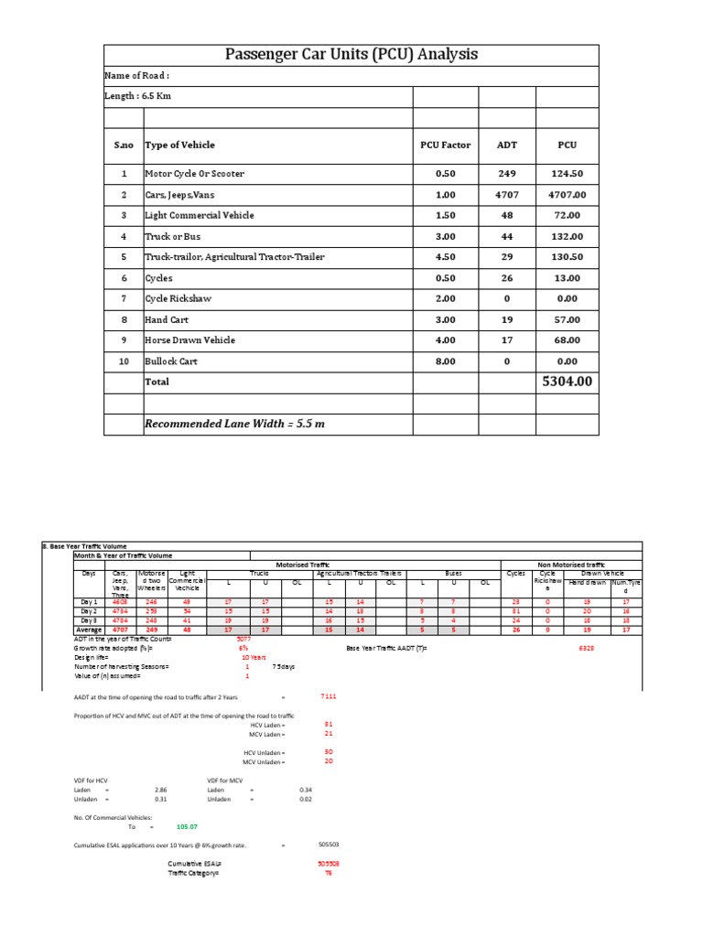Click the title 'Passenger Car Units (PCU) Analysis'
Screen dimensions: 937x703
pos(351,55)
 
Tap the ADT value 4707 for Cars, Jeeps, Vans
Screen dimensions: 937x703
pos(506,195)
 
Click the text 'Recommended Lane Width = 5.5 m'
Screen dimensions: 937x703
pos(234,424)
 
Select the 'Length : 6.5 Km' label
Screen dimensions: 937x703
pos(138,96)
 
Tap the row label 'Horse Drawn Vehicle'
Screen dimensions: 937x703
pos(189,340)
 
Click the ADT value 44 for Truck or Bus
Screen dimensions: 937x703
pos(506,237)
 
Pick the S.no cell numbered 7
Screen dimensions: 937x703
pos(123,298)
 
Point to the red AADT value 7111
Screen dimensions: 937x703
pos(329,696)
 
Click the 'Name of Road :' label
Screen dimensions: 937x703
pos(137,77)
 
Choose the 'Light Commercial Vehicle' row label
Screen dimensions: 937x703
pos(200,216)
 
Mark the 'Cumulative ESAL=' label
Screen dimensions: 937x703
pos(194,863)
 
